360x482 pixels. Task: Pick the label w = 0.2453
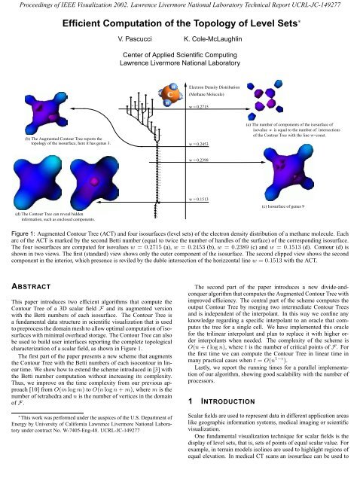200,142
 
